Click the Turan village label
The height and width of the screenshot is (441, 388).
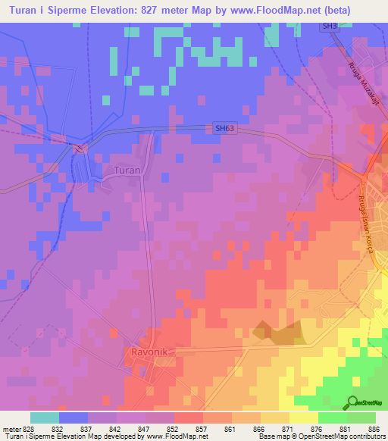[127, 170]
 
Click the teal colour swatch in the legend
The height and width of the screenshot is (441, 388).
[45, 418]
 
